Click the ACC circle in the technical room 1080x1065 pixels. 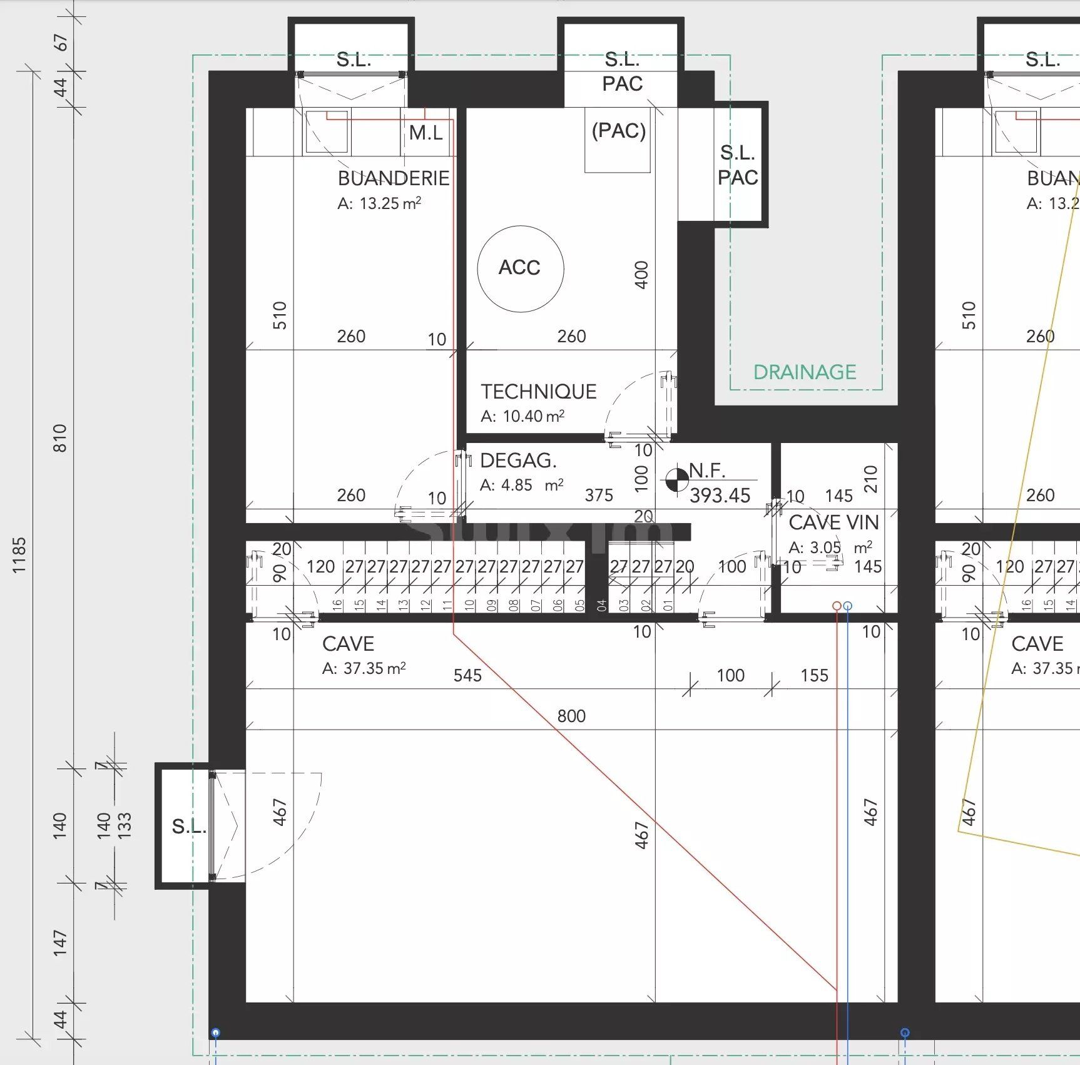pyautogui.click(x=520, y=268)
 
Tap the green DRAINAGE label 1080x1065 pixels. pyautogui.click(x=804, y=372)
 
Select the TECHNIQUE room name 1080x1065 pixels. pyautogui.click(x=538, y=392)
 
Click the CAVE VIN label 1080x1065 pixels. pyautogui.click(x=833, y=522)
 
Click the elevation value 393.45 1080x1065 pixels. pyautogui.click(x=720, y=496)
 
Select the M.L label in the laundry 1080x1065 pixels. pyautogui.click(x=425, y=133)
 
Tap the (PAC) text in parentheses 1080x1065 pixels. pyautogui.click(x=618, y=131)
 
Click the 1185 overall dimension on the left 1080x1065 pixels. pyautogui.click(x=19, y=555)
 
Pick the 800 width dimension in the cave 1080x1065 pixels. pyautogui.click(x=571, y=716)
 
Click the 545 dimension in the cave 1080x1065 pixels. pyautogui.click(x=467, y=675)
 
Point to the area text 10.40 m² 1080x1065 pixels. pyautogui.click(x=533, y=416)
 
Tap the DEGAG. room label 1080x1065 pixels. pyautogui.click(x=518, y=461)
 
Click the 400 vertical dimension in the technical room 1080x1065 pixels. pyautogui.click(x=641, y=275)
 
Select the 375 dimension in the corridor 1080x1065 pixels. pyautogui.click(x=599, y=496)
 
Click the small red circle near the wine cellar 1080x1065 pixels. pyautogui.click(x=837, y=606)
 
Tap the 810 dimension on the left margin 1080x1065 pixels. pyautogui.click(x=59, y=438)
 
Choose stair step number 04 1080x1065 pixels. pyautogui.click(x=601, y=605)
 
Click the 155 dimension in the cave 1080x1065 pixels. pyautogui.click(x=814, y=675)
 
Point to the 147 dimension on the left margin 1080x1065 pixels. pyautogui.click(x=59, y=942)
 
